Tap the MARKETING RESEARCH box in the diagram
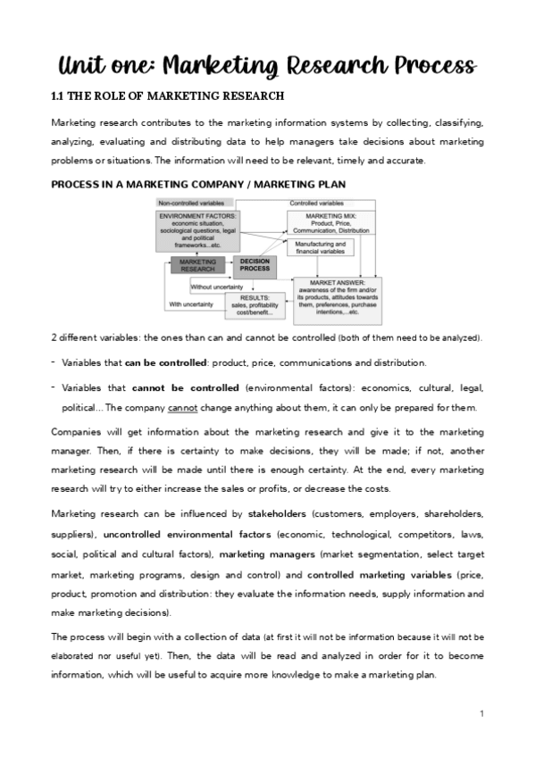click(198, 265)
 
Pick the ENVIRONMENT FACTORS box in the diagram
click(197, 231)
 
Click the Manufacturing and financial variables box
click(318, 248)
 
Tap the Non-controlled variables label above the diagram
click(184, 204)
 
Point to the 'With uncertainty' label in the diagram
click(191, 304)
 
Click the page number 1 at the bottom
click(481, 713)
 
